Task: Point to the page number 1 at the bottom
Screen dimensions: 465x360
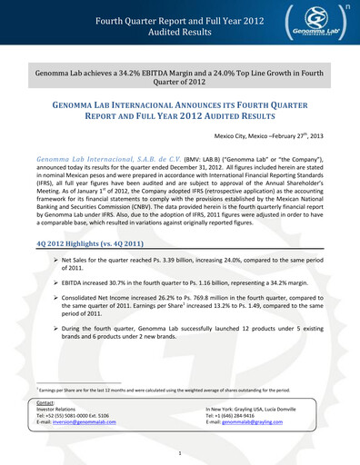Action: [x=180, y=452]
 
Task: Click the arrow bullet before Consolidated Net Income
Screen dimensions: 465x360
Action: [x=55, y=297]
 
